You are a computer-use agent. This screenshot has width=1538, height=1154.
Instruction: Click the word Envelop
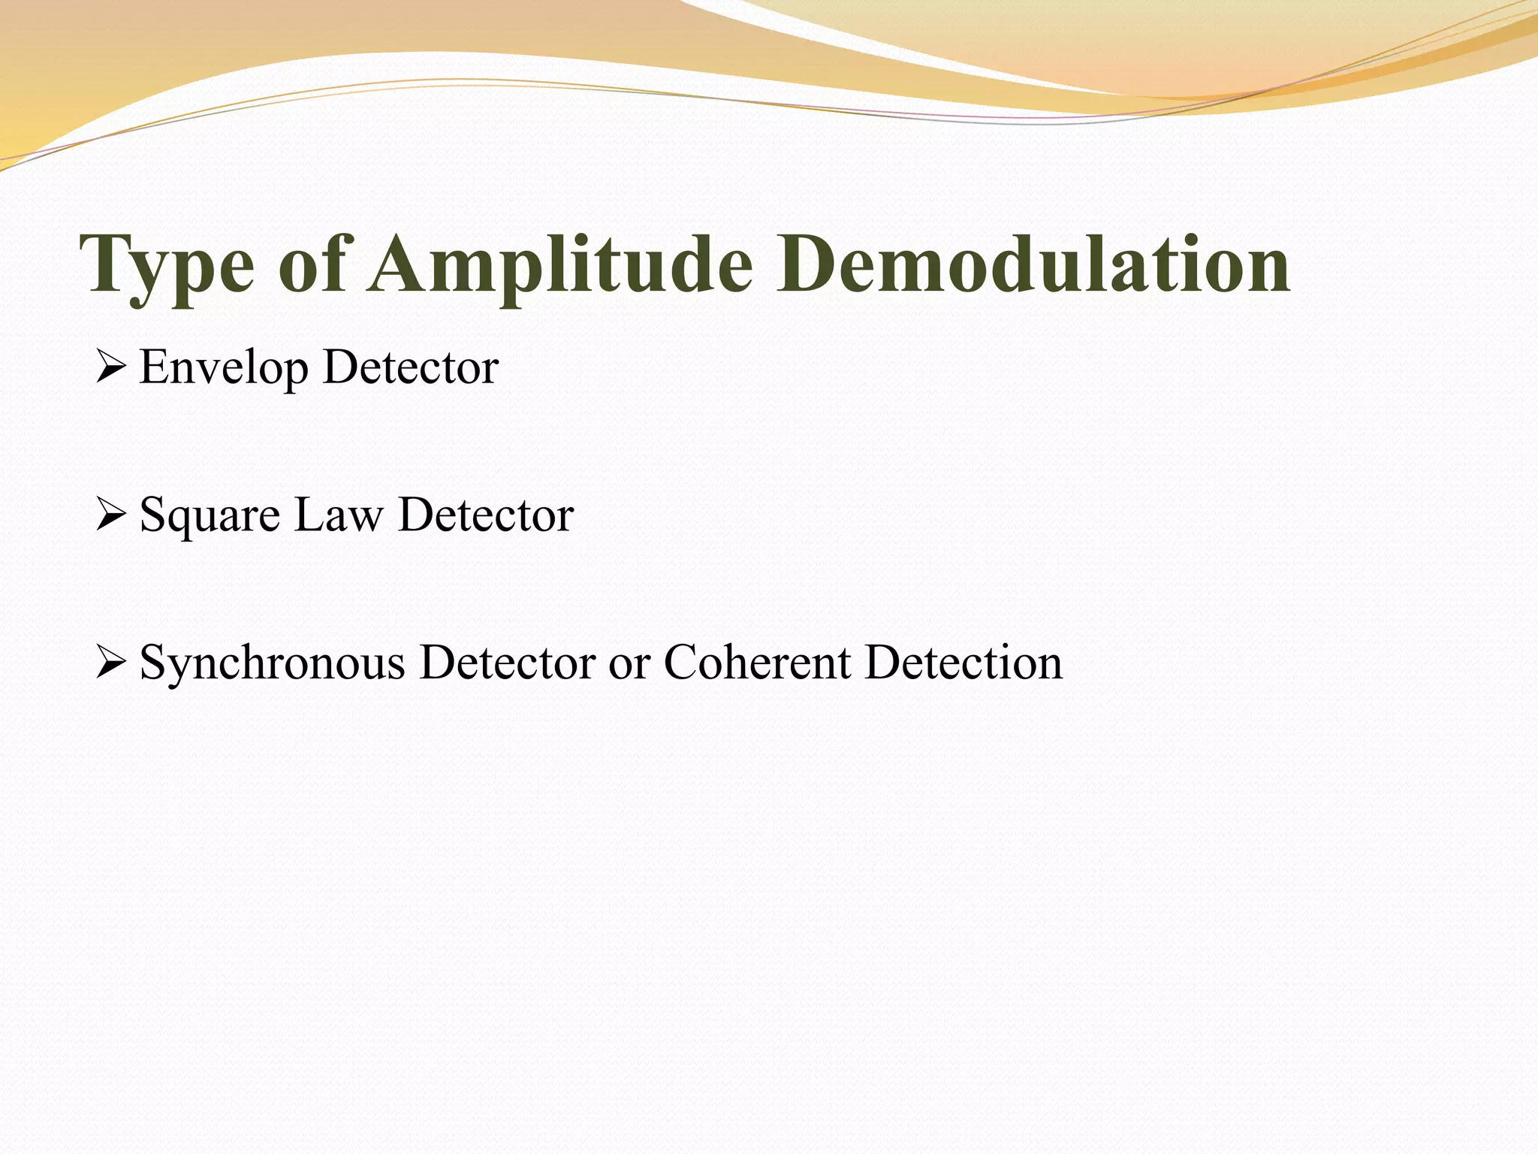click(224, 368)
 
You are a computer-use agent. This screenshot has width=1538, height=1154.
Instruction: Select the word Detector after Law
click(486, 515)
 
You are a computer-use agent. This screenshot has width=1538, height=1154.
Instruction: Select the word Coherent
click(757, 663)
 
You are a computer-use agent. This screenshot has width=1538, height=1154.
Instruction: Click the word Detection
click(964, 663)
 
